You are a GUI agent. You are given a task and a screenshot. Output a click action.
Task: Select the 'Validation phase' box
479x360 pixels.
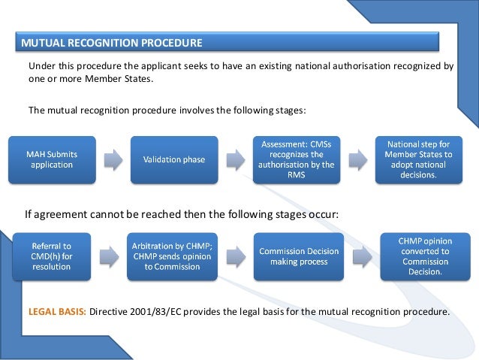[x=173, y=159]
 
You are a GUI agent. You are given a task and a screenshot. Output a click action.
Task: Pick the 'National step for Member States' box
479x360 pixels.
[x=419, y=159]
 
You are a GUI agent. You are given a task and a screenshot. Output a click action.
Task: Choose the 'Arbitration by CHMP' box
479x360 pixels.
[x=173, y=256]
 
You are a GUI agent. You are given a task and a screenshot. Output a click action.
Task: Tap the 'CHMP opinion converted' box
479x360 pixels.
[x=424, y=256]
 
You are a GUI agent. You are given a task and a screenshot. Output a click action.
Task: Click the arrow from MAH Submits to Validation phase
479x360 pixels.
[x=113, y=159]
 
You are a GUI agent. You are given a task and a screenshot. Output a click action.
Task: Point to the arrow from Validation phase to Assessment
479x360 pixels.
[x=235, y=159]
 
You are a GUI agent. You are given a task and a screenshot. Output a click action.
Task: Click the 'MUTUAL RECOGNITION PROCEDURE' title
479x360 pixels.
[x=112, y=41]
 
